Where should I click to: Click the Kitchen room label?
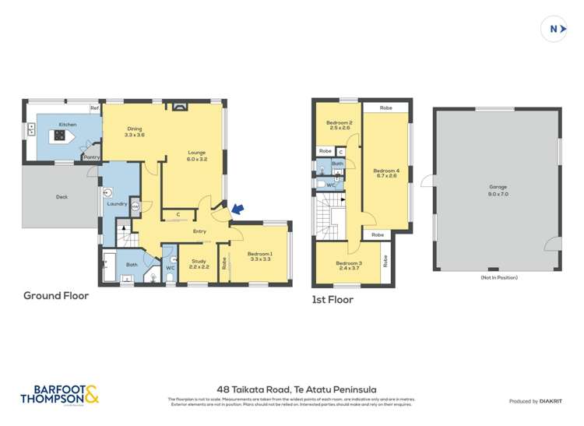tap(68, 124)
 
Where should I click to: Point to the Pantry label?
tap(91, 157)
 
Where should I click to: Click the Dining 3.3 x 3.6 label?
tap(134, 132)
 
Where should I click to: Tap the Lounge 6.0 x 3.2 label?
tap(197, 155)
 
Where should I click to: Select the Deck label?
tap(62, 197)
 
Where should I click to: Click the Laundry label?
tap(118, 204)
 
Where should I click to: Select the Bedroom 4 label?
tap(385, 173)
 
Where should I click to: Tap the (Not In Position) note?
tap(498, 277)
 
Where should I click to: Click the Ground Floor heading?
tap(56, 295)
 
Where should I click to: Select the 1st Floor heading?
tap(333, 299)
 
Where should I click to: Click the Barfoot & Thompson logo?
tap(60, 394)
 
